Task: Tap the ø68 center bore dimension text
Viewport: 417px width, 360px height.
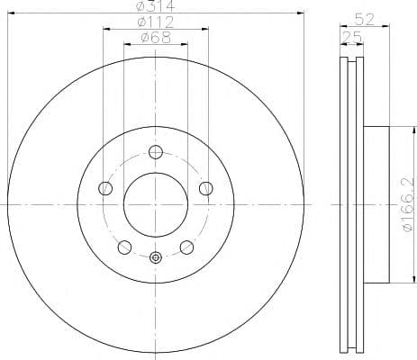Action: click(157, 38)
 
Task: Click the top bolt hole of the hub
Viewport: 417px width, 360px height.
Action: click(156, 151)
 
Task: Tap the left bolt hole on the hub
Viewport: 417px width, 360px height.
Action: click(104, 188)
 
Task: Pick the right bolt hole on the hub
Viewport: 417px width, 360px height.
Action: click(206, 188)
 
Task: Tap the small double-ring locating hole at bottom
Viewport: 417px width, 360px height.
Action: click(156, 259)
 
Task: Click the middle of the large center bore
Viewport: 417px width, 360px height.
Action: click(156, 205)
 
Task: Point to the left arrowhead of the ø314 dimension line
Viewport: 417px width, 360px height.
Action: click(10, 14)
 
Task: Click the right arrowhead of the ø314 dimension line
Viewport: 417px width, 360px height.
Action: click(301, 14)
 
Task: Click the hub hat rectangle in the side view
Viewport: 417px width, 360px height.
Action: click(376, 205)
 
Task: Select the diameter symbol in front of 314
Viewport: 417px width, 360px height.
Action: click(141, 7)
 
